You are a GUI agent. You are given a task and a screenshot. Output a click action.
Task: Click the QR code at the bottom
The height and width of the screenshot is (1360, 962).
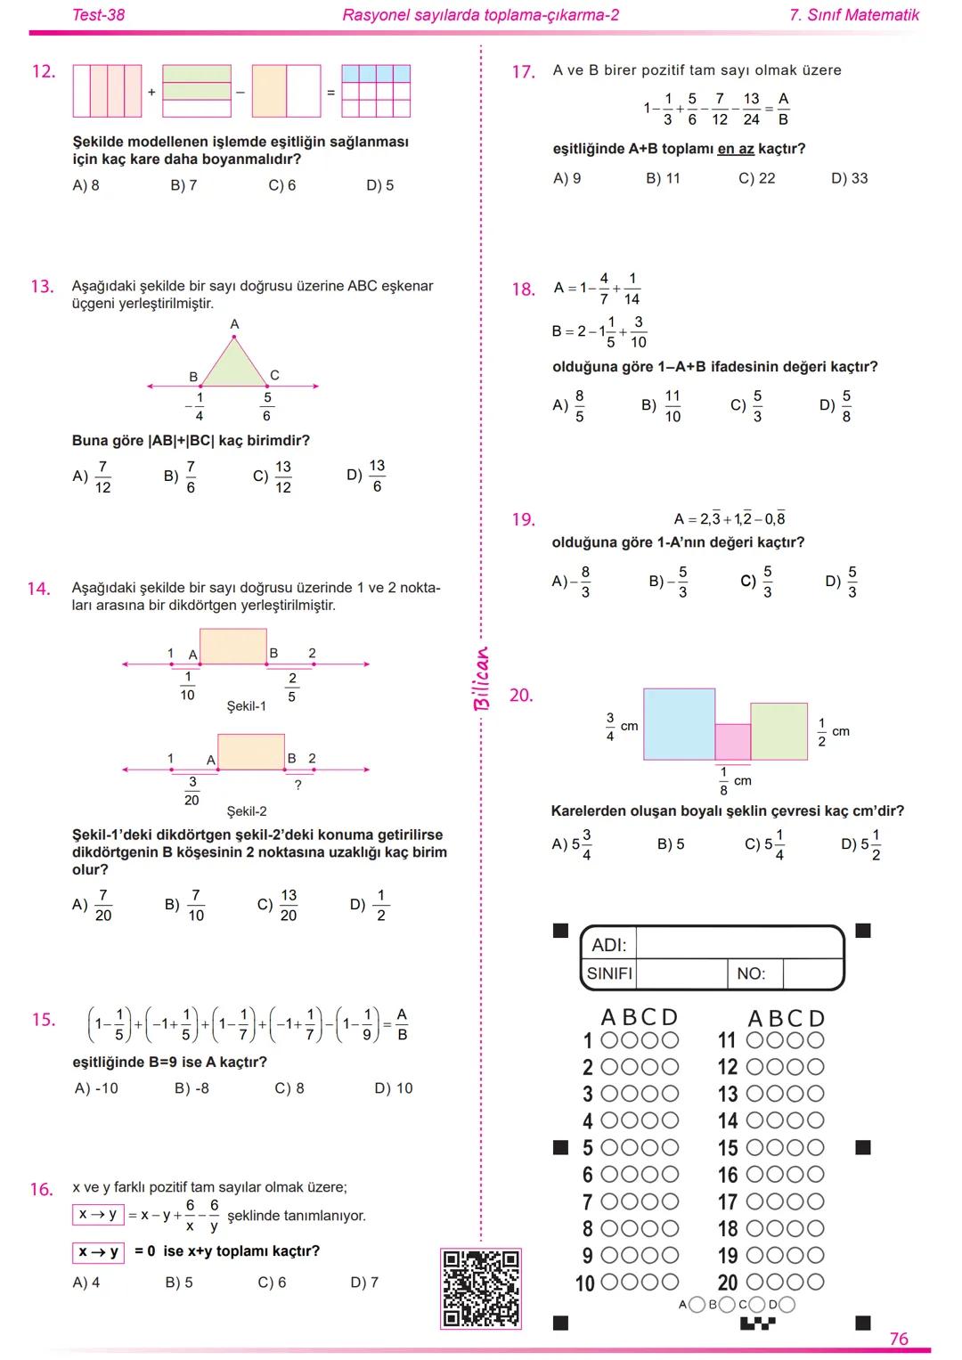(x=481, y=1288)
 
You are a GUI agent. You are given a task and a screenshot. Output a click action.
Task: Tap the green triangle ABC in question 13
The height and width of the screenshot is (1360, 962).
(x=234, y=367)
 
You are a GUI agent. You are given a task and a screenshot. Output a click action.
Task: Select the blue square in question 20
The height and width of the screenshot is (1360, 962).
(x=679, y=724)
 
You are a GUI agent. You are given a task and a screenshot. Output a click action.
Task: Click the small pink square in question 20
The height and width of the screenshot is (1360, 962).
(x=733, y=742)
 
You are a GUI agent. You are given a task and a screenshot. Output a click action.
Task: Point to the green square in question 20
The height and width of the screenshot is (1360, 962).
(x=779, y=731)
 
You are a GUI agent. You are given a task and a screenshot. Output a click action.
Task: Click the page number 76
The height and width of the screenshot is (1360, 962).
(x=899, y=1339)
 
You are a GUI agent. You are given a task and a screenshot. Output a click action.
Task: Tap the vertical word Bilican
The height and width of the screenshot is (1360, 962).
(x=482, y=678)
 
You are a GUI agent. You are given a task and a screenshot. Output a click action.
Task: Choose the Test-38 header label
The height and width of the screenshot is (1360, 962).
(x=98, y=15)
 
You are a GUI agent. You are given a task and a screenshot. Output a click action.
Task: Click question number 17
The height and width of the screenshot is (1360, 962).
(x=523, y=72)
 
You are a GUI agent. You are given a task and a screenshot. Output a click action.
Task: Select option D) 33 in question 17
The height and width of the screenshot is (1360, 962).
(x=849, y=178)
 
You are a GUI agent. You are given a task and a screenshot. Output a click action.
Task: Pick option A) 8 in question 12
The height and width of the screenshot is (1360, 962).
(x=86, y=185)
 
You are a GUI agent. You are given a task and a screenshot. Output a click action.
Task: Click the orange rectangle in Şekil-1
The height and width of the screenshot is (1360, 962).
(x=232, y=647)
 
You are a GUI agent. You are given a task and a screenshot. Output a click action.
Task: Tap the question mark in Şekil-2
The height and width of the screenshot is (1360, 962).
(x=298, y=786)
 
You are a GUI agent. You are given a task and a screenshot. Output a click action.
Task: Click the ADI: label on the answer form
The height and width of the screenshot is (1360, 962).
(x=609, y=945)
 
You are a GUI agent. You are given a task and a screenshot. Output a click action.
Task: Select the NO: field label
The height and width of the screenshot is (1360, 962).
(x=751, y=974)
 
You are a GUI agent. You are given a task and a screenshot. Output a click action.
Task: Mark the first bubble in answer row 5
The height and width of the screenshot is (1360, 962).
(x=610, y=1148)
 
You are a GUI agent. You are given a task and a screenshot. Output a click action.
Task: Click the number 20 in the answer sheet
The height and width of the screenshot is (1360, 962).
(x=728, y=1283)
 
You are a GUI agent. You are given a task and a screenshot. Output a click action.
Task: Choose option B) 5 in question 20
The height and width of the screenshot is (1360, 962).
(x=671, y=844)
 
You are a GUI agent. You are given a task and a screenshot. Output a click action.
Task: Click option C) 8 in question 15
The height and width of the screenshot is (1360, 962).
(x=289, y=1088)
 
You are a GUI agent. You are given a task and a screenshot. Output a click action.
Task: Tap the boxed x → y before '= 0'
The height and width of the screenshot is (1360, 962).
(x=98, y=1252)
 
